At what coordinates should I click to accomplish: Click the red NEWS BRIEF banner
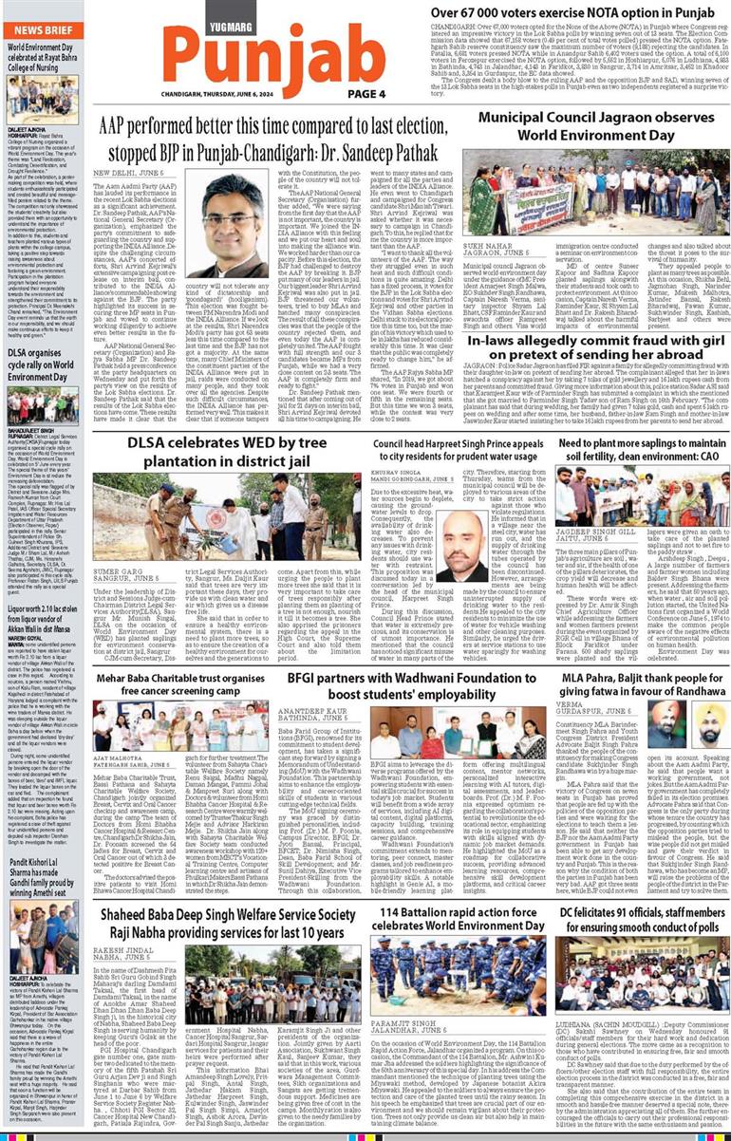42,30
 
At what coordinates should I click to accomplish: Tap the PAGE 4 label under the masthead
366,94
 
